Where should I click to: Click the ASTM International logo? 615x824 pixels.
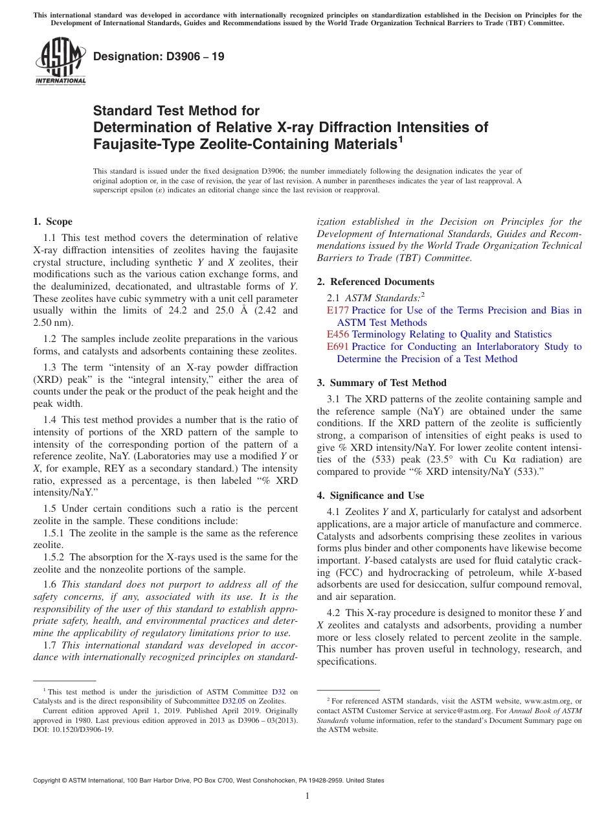[x=60, y=62]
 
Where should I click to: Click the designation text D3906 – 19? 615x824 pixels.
[x=159, y=57]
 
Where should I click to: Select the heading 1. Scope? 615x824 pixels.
[x=53, y=222]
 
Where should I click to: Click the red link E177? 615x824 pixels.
[x=338, y=310]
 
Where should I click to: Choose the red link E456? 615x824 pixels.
[x=338, y=334]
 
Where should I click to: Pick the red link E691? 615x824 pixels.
[x=338, y=347]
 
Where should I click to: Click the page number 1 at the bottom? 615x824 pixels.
[x=307, y=796]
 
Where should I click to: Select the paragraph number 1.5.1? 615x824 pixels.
[x=54, y=533]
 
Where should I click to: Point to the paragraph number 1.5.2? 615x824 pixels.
[x=54, y=557]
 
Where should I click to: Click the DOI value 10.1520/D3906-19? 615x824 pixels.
[x=84, y=729]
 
